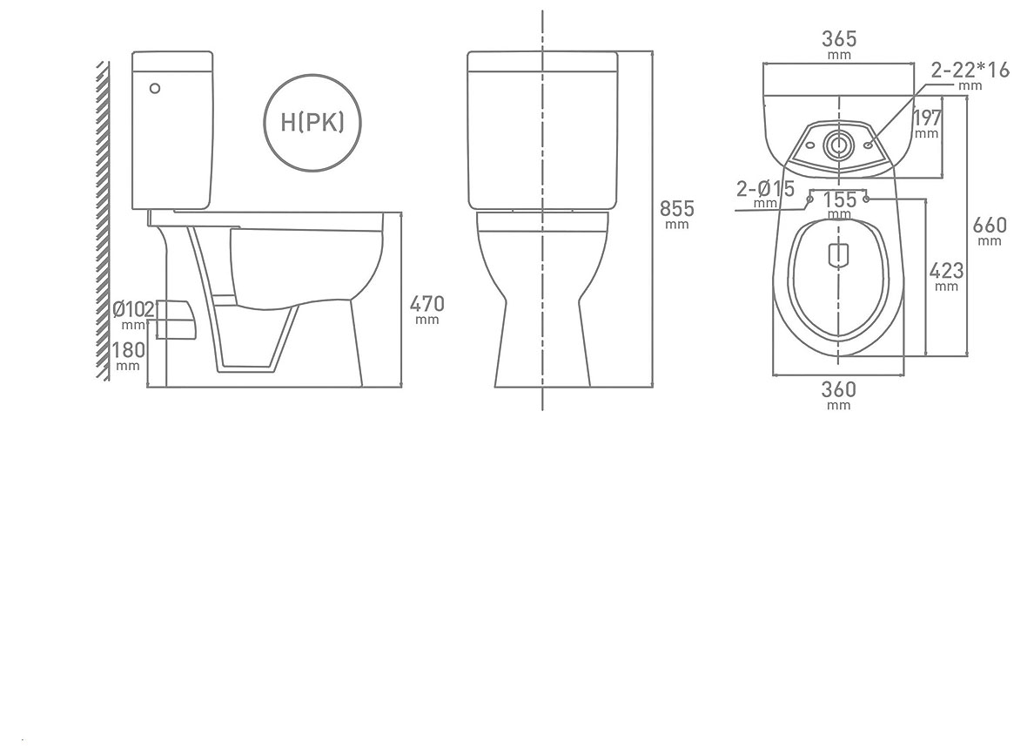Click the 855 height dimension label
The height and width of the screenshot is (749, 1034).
point(676,209)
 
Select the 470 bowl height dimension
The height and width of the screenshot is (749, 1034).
point(427,304)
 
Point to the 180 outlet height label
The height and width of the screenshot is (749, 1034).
point(127,350)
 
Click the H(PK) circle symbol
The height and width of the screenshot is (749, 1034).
point(312,122)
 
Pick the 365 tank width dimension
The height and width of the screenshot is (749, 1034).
point(839,39)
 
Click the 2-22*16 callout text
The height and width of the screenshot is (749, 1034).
point(970,70)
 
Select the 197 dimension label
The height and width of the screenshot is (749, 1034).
point(927,118)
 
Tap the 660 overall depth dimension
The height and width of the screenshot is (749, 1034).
point(990,226)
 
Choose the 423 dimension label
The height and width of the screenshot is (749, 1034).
point(946,271)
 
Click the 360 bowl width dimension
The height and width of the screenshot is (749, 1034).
point(838,389)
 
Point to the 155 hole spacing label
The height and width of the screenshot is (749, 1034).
point(839,199)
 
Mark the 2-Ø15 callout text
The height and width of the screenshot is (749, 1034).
point(765,188)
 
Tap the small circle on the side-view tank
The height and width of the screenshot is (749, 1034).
point(155,88)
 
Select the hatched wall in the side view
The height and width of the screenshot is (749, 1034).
point(103,218)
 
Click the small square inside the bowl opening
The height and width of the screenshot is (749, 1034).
point(837,254)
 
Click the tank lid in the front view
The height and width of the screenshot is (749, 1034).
point(543,61)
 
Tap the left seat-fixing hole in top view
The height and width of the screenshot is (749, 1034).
point(810,199)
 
